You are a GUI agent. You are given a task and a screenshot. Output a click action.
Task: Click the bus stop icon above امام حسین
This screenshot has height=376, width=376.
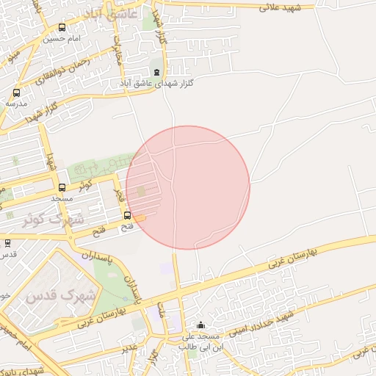coord(60,27)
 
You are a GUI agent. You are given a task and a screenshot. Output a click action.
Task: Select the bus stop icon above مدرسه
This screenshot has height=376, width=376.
coord(16,93)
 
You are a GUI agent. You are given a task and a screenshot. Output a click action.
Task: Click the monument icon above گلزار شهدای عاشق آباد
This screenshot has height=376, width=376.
coord(156,72)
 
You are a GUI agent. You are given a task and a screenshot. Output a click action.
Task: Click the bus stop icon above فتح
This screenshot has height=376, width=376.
coord(128,215)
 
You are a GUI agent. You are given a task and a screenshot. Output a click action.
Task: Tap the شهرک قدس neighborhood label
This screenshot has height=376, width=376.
coord(60,296)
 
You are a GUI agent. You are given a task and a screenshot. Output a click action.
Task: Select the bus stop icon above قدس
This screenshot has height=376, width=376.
coord(7,242)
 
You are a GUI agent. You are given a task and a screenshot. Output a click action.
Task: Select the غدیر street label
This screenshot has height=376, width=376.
coord(129,344)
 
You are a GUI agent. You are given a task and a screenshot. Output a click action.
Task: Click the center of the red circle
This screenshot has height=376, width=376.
coord(188,187)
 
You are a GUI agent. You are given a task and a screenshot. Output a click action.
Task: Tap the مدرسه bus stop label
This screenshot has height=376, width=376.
coord(15,104)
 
